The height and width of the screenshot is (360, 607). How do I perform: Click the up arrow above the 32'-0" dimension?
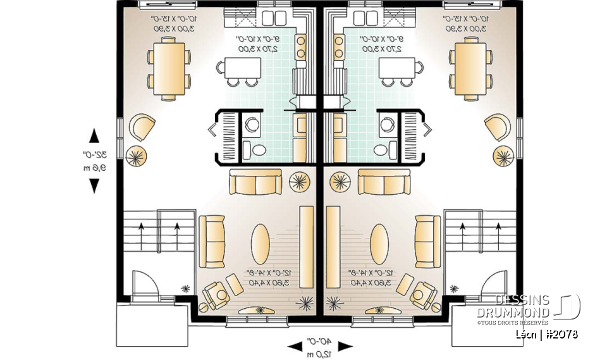coord(94,135)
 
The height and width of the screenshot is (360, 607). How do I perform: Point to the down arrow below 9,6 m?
coord(94,185)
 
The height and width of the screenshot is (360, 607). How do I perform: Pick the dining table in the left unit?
coord(169,68)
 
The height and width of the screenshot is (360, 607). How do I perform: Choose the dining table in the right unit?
coord(470,68)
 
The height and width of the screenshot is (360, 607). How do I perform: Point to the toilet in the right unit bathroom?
coord(382,150)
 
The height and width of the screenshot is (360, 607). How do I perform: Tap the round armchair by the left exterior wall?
coord(142,127)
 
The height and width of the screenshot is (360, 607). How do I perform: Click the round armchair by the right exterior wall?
coord(498,127)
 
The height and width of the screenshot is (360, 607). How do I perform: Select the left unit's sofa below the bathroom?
coord(255,182)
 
